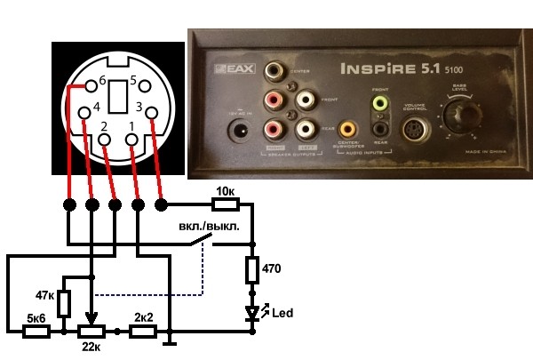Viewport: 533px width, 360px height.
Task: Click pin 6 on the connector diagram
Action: pos(89,86)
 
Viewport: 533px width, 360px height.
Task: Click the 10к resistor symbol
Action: pos(225,205)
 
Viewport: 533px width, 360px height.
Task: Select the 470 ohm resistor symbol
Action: pos(253,269)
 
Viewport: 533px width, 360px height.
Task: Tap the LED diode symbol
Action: pos(253,313)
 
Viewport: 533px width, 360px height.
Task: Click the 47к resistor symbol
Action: pos(64,303)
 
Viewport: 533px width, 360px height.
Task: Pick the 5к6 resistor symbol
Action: pos(36,332)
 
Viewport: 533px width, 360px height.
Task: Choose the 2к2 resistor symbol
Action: pos(144,332)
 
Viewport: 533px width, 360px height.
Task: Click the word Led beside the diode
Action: pos(282,313)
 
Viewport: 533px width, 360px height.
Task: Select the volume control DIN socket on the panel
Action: pos(416,131)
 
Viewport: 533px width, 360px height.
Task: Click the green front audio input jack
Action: pos(381,103)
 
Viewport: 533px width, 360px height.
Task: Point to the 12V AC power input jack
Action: pos(238,132)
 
